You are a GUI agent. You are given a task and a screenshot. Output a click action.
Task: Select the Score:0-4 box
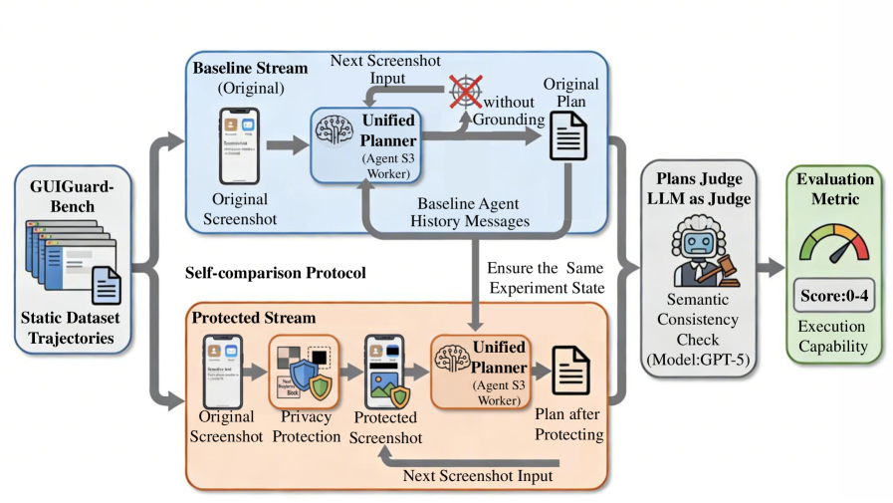[x=834, y=297]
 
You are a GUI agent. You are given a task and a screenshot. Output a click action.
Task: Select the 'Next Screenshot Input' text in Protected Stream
[x=477, y=475]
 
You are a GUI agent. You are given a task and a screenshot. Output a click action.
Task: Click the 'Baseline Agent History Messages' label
[x=469, y=212]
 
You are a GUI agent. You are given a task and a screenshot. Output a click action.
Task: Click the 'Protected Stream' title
[x=254, y=318]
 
